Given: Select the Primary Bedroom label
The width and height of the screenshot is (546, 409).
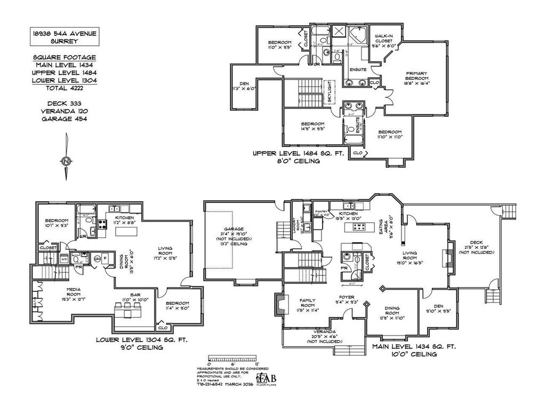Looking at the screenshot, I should pos(417,78).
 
